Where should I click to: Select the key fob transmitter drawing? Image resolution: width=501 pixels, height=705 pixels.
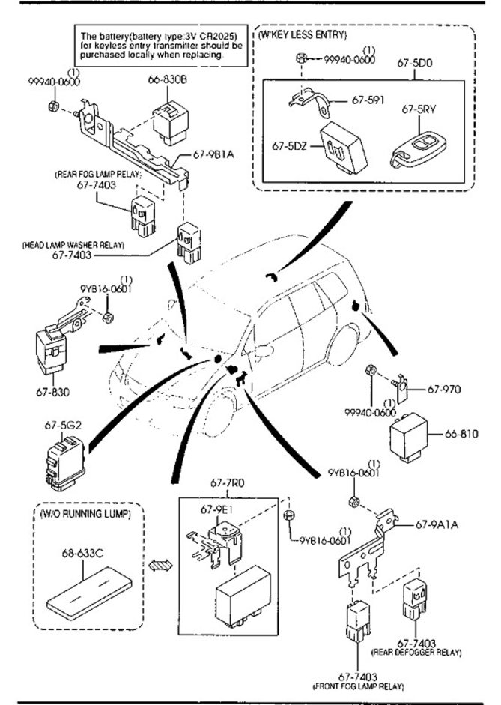(x=419, y=149)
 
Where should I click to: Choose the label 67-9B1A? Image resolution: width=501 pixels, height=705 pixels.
(x=214, y=154)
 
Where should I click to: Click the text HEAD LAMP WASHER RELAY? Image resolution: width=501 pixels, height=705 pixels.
(x=73, y=245)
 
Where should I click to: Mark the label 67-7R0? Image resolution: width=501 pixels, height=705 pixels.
(x=225, y=482)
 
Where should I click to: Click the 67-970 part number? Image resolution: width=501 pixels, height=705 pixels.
(x=444, y=388)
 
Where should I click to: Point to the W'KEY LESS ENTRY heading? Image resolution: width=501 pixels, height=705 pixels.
(x=303, y=35)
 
